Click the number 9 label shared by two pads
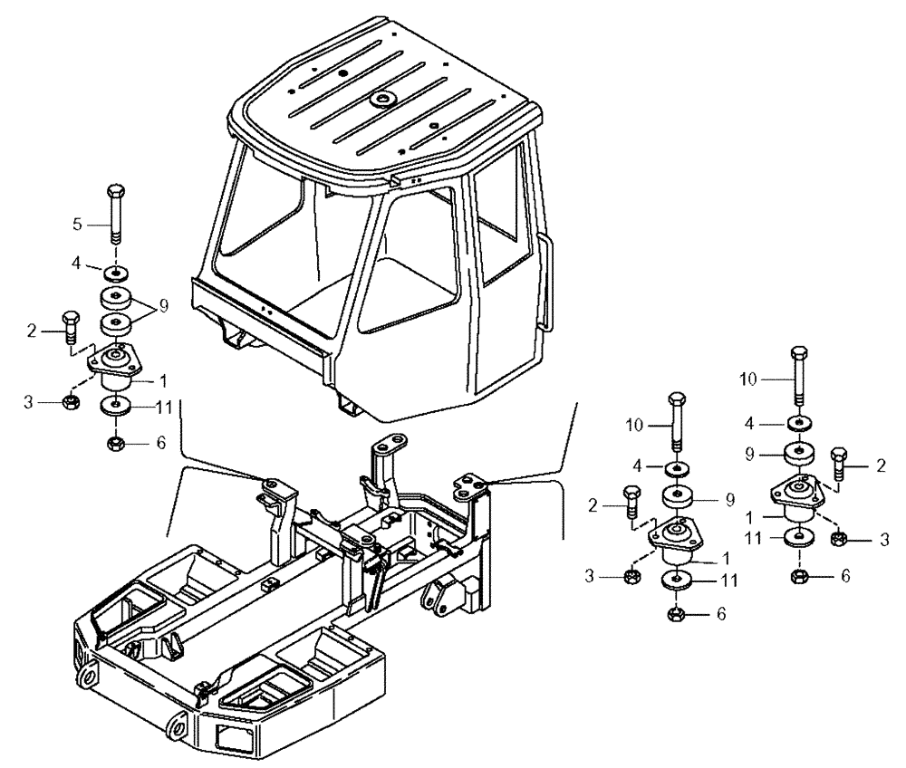163,307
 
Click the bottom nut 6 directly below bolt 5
115,444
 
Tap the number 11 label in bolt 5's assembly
163,408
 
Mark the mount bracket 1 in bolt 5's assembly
115,367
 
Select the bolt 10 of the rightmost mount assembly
798,375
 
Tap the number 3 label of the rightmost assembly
885,540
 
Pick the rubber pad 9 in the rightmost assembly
798,452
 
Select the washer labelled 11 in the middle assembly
676,580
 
